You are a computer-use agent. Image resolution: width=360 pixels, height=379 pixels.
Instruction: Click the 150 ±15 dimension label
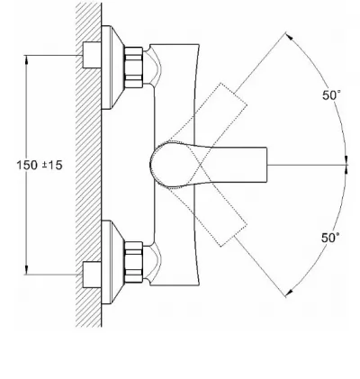coord(40,165)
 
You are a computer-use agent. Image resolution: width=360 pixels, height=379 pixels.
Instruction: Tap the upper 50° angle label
coord(331,95)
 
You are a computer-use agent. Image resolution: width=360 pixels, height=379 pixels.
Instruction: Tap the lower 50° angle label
coord(330,238)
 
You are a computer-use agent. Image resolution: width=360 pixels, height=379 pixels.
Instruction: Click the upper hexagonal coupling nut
coord(133,68)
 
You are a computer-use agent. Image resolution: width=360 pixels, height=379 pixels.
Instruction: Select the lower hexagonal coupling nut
coord(133,262)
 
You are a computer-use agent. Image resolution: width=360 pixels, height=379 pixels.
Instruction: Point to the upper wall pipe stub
coord(92,55)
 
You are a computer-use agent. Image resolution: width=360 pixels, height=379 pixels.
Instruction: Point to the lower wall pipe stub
coord(92,275)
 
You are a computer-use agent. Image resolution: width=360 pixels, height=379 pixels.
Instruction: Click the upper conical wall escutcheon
coord(112,68)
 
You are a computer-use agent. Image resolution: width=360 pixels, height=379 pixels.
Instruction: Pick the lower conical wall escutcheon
coord(112,262)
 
